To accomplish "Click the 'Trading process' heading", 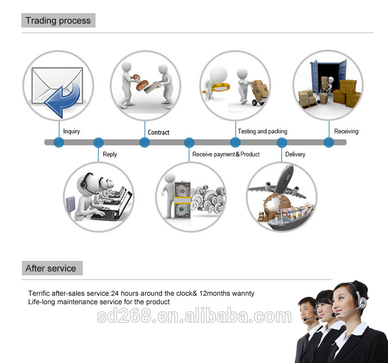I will click(58, 20).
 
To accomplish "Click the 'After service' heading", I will click(51, 268).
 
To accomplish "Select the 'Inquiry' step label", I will click(72, 131).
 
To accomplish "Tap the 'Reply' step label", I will click(110, 154).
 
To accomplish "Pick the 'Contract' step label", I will click(159, 132).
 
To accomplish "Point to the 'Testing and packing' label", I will click(262, 131).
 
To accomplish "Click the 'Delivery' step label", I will click(295, 154).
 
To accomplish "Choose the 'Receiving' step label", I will click(346, 131).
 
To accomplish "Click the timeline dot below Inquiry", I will click(59, 142).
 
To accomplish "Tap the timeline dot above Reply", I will click(98, 142).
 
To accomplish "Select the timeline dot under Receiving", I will click(329, 142).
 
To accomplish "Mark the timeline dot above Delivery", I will click(282, 142).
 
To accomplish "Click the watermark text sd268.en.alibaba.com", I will click(194, 317).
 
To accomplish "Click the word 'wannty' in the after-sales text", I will click(243, 293).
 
